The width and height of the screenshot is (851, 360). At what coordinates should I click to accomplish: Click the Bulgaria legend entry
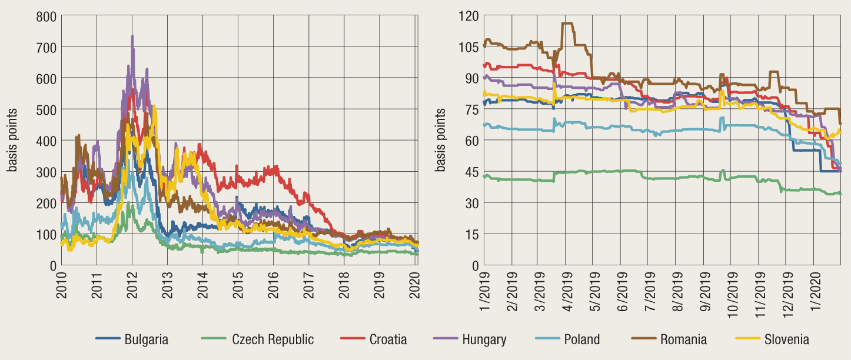point(146,339)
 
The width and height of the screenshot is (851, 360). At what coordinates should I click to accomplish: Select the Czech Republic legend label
point(272,339)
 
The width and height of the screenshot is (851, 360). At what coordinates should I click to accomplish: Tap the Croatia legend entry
point(388,339)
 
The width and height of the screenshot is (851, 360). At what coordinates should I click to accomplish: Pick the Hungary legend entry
point(484,339)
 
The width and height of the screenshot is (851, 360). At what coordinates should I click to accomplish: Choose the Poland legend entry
point(581,339)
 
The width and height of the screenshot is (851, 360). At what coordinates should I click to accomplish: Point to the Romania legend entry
point(683,339)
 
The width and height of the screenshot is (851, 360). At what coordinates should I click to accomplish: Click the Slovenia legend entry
point(786,339)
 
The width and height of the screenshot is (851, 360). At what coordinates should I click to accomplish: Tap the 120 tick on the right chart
point(471,15)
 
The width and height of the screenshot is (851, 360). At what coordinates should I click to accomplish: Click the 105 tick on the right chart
point(471,46)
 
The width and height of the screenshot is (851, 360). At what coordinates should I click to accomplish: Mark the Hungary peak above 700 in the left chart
point(132,36)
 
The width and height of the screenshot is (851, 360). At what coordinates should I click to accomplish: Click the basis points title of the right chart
point(440,140)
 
